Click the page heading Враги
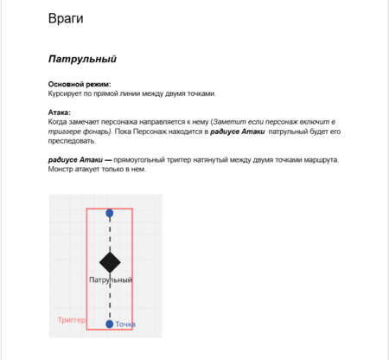pos(66,19)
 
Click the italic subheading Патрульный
pos(82,59)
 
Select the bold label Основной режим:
pos(80,84)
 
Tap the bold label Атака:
pos(59,112)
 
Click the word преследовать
pos(72,141)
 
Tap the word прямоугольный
pos(139,159)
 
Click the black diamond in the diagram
pos(110,262)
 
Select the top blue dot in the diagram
pos(110,213)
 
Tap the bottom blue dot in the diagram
pos(110,324)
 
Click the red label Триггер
pos(72,320)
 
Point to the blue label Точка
pos(125,325)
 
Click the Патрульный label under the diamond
pos(111,280)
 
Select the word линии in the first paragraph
pos(116,93)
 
